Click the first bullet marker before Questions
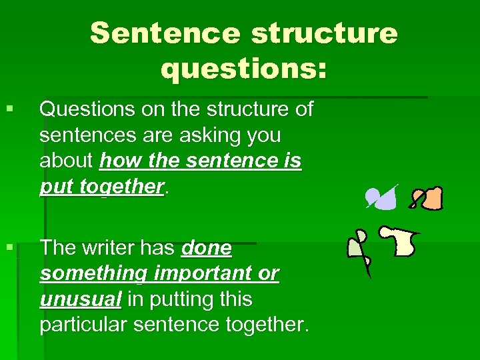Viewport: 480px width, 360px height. pyautogui.click(x=9, y=109)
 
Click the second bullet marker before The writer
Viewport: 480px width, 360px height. pyautogui.click(x=9, y=248)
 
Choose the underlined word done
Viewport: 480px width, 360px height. pyautogui.click(x=207, y=248)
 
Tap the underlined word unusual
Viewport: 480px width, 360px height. pyautogui.click(x=81, y=300)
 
